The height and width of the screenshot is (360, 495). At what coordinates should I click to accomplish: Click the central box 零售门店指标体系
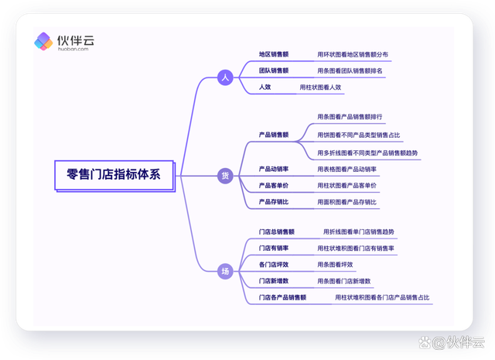point(114,176)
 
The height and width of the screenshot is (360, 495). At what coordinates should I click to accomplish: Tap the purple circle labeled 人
point(225,77)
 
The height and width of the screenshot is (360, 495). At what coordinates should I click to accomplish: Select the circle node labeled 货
point(225,176)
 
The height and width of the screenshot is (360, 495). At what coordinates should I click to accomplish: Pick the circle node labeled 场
point(225,271)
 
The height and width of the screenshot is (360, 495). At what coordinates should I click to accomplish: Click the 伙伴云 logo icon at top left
point(43,41)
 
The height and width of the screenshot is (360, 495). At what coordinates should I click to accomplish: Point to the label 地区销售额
point(274,54)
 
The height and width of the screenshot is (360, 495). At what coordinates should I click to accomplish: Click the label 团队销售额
point(274,70)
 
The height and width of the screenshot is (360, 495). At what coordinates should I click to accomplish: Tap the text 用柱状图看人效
point(320,87)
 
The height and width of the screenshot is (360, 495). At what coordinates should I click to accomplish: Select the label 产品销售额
point(274,135)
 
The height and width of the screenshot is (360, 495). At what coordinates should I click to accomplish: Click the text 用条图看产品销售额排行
point(350,117)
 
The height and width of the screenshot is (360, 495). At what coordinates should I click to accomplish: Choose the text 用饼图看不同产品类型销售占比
point(359,135)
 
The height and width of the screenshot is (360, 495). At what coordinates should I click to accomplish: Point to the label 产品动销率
point(274,169)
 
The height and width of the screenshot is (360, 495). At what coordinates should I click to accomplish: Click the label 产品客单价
point(274,186)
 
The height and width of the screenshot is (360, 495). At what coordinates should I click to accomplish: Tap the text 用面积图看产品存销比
point(347,202)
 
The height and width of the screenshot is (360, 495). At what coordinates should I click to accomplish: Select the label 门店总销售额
point(277,232)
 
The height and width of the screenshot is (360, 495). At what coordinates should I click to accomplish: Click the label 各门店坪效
point(274,265)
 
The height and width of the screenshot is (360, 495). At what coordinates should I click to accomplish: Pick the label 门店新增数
point(274,281)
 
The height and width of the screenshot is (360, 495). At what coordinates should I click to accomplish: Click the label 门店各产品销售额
point(282,297)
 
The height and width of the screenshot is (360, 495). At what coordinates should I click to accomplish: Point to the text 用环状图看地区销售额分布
point(353,55)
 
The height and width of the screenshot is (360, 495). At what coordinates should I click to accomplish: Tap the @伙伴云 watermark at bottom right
point(452,343)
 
